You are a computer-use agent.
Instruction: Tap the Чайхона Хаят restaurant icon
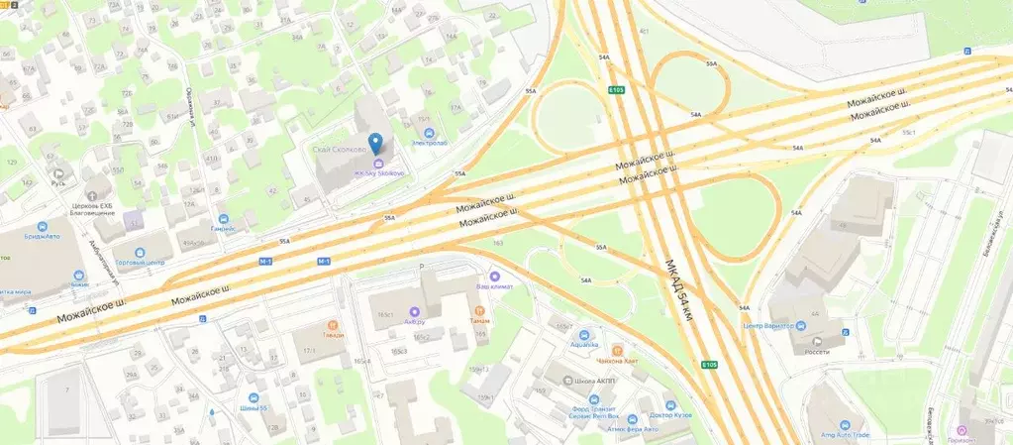pyautogui.click(x=617, y=350)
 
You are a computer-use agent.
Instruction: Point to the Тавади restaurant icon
pyautogui.click(x=333, y=323)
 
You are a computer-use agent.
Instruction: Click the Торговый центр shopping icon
pyautogui.click(x=139, y=253)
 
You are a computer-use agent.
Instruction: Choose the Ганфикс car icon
pyautogui.click(x=225, y=218)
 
